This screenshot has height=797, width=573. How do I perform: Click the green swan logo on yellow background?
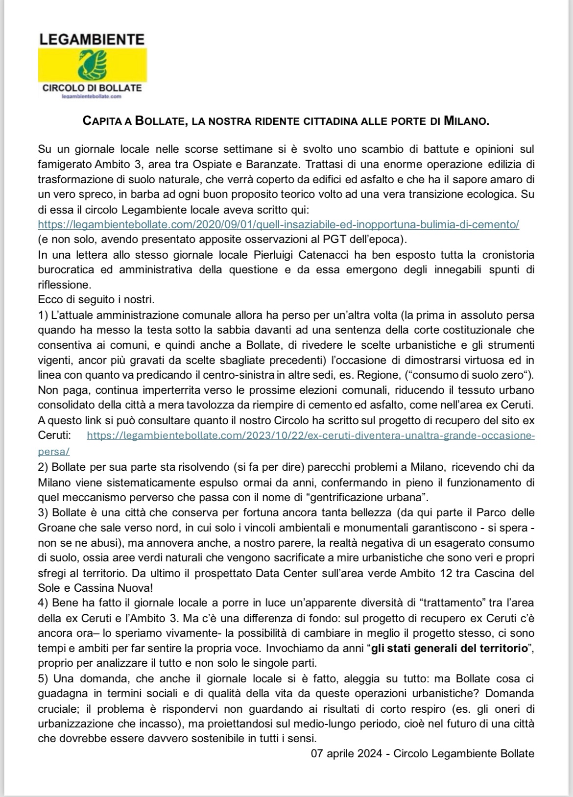[x=92, y=64]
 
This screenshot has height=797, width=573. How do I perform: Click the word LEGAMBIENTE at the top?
[x=92, y=39]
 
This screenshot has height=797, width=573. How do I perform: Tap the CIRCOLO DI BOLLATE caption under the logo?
[x=92, y=88]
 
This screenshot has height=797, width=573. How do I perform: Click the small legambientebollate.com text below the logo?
[x=92, y=97]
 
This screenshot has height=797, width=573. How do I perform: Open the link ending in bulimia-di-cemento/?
[x=279, y=225]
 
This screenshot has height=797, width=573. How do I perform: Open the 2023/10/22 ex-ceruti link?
[x=310, y=435]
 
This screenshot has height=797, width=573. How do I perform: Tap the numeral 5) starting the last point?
[x=44, y=679]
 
